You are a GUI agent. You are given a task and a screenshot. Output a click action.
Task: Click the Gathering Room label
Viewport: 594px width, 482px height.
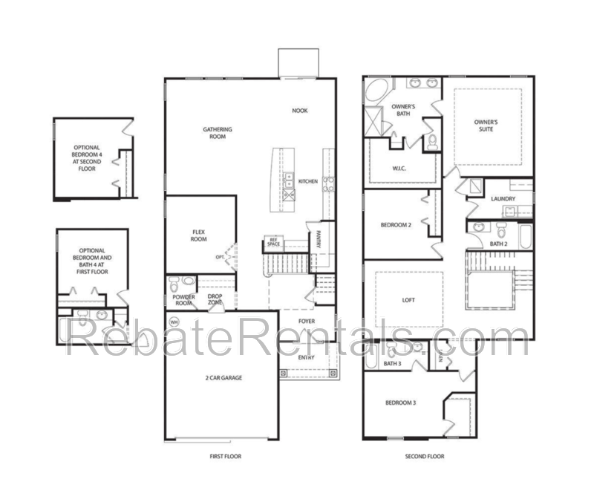[x=218, y=133]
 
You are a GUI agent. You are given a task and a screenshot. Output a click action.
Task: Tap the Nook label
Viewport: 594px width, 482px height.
[x=299, y=111]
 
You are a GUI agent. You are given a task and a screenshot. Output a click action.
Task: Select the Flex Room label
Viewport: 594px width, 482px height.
[x=198, y=235]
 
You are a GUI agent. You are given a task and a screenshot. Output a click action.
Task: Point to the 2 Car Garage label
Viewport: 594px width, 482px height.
[x=223, y=378]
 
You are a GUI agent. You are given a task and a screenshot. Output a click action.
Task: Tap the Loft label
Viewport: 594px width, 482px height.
[x=408, y=301]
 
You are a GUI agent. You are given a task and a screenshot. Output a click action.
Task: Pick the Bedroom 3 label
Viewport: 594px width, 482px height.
[x=400, y=403]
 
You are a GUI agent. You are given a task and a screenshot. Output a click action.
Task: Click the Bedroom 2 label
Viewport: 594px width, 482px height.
[x=396, y=225]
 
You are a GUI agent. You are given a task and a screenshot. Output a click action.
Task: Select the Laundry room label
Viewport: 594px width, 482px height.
[x=503, y=198]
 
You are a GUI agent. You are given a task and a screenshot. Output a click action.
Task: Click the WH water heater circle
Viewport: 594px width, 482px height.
[x=174, y=322]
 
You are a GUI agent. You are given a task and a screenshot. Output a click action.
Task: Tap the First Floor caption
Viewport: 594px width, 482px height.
[x=226, y=456]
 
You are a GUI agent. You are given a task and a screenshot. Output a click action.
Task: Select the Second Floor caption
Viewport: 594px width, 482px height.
[x=425, y=456]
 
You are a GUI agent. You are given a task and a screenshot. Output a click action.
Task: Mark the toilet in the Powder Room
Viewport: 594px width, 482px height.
[x=173, y=283]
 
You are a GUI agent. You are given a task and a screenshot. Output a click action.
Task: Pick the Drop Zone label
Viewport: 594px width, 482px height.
[x=215, y=299]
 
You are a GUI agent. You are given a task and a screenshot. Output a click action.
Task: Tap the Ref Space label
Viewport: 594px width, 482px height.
[x=273, y=242]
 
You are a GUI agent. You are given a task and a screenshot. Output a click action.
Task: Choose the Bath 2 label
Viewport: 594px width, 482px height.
[x=499, y=244]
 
